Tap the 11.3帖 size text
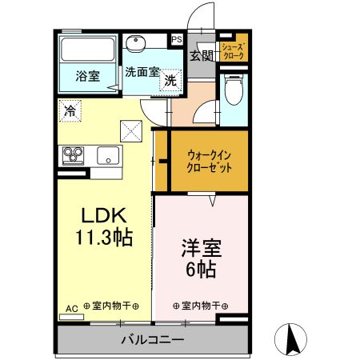click(104, 238)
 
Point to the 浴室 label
click(88, 77)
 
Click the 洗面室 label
click(142, 71)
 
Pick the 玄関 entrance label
click(202, 55)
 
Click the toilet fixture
click(234, 90)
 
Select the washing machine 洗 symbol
click(170, 79)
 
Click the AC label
click(71, 308)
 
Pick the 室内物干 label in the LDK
click(111, 306)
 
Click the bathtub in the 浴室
click(88, 50)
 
